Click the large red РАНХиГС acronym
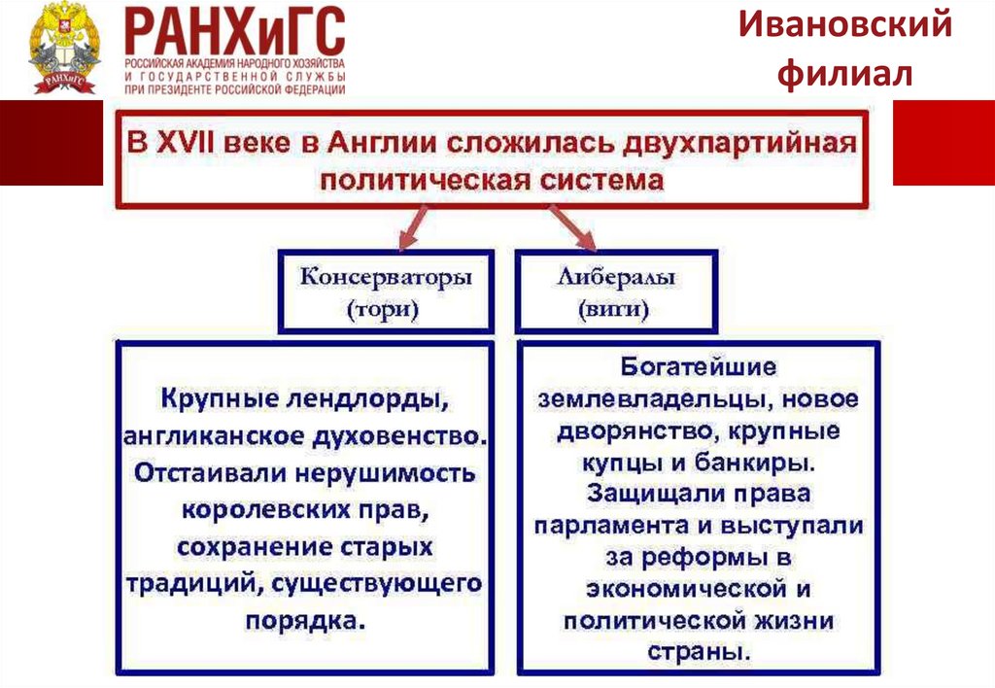234,32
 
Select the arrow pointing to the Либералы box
577,233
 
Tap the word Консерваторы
386,277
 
